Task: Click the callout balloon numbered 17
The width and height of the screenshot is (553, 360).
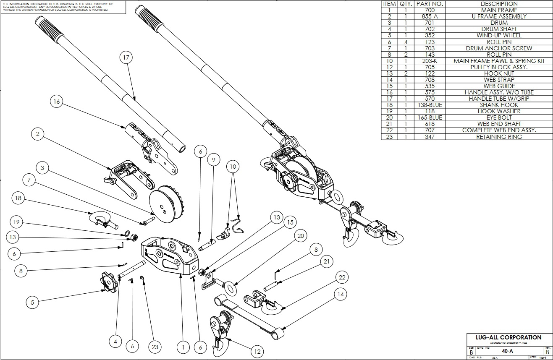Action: (x=126, y=58)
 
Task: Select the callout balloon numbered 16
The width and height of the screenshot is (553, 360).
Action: (x=57, y=101)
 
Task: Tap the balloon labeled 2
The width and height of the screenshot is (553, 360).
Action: (x=38, y=134)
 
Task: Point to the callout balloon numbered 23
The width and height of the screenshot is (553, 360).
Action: (x=155, y=347)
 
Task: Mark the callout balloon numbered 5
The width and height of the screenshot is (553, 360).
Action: (x=33, y=302)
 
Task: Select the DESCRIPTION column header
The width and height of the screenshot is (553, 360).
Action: (x=499, y=4)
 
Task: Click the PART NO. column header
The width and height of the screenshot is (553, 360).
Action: (x=430, y=4)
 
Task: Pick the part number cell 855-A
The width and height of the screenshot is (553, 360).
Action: (x=430, y=16)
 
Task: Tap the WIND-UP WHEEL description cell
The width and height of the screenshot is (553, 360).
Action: (x=499, y=35)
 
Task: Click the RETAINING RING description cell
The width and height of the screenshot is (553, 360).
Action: (x=499, y=136)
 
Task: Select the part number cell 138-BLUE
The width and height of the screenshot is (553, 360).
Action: (x=430, y=105)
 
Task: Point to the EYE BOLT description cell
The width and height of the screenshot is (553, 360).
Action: (x=499, y=117)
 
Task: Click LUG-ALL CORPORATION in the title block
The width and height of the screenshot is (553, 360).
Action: (x=508, y=337)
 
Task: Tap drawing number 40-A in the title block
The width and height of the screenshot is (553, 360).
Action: (x=508, y=351)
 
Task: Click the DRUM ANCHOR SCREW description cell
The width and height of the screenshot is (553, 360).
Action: (x=499, y=48)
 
